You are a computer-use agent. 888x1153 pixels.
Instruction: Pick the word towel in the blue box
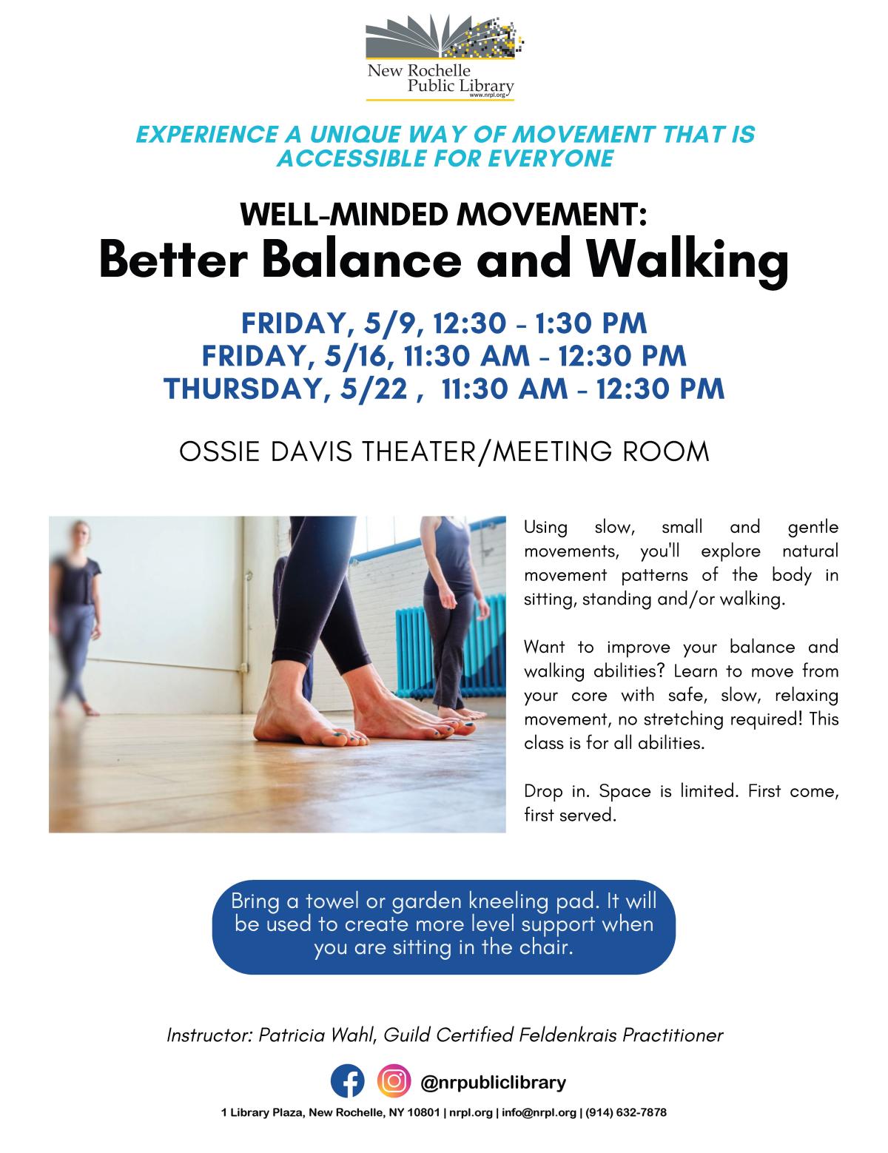[x=319, y=903]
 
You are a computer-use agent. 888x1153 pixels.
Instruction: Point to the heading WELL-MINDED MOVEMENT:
[x=444, y=214]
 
